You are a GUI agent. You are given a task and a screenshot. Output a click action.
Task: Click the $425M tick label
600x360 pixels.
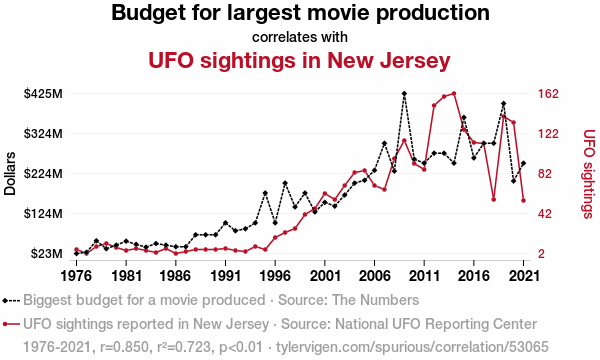(43, 94)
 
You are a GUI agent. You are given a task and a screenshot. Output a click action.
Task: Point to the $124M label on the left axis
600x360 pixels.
(43, 213)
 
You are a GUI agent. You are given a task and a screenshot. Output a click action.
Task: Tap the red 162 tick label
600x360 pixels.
(548, 94)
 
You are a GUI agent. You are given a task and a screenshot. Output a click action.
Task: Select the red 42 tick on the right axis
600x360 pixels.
(546, 213)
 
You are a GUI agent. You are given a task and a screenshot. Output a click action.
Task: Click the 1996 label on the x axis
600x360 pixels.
(275, 275)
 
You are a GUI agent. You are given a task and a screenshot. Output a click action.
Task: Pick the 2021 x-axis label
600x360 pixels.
(523, 275)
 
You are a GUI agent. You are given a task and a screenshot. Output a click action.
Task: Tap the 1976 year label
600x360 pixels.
(77, 275)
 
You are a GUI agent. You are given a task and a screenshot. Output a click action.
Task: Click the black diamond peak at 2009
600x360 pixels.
(404, 93)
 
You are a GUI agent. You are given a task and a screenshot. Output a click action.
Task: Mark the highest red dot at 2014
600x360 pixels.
(454, 93)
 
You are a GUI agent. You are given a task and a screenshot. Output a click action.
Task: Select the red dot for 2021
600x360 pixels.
(523, 200)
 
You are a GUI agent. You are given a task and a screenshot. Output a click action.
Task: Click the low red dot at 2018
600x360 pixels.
(494, 199)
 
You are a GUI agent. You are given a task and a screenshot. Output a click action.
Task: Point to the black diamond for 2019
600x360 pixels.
(504, 104)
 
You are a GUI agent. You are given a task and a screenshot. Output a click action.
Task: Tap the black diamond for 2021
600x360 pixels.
(523, 163)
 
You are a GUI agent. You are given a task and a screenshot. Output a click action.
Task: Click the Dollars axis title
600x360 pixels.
(10, 174)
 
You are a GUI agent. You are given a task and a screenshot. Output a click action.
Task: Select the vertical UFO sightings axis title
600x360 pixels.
(589, 174)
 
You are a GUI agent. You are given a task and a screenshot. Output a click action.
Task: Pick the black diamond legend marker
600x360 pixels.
(5, 301)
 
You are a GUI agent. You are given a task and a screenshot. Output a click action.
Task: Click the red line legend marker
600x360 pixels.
(11, 324)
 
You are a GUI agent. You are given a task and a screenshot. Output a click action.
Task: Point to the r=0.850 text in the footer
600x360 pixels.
(124, 347)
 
